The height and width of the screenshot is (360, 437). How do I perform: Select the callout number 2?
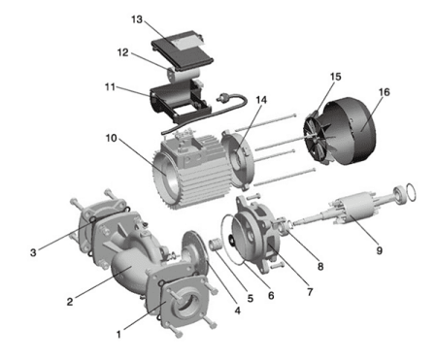pyautogui.click(x=70, y=302)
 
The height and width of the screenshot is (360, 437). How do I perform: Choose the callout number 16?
pyautogui.click(x=384, y=93)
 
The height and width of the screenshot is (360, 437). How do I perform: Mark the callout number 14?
pyautogui.click(x=235, y=100)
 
